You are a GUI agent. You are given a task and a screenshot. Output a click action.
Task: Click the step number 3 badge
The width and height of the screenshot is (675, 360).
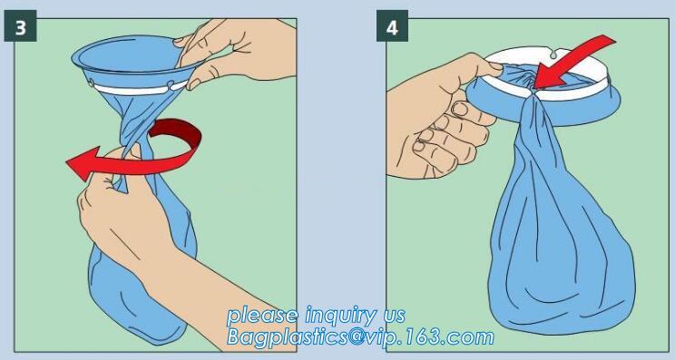coord(20,25)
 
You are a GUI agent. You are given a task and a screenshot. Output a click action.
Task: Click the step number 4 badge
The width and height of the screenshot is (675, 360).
coord(392,25)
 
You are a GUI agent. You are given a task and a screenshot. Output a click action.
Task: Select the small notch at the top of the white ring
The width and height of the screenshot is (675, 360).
coord(553,54)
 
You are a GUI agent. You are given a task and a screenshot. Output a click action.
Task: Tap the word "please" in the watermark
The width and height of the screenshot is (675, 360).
coord(262,316)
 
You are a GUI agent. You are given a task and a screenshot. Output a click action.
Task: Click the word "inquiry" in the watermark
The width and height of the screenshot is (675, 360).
coord(340,316)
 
